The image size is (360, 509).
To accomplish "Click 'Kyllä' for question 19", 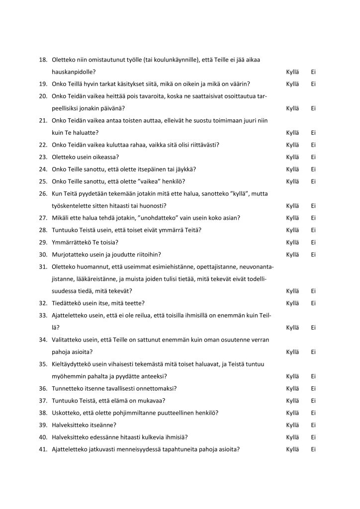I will click(292, 84).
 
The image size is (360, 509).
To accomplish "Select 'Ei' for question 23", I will click(313, 157).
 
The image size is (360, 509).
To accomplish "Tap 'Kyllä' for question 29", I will click(292, 243).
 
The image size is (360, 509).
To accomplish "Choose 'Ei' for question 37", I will click(313, 401).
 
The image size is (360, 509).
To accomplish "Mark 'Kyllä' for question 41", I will click(292, 449).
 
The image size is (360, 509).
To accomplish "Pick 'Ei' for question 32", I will click(313, 303).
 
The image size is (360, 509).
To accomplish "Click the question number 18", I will click(43, 60).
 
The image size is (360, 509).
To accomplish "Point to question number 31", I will click(43, 267).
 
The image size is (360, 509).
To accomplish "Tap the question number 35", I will click(43, 364).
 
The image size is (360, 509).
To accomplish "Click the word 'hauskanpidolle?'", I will click(75, 72).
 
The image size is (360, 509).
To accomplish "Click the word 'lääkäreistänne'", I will click(95, 279).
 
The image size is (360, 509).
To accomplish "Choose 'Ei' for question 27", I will click(313, 218).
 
